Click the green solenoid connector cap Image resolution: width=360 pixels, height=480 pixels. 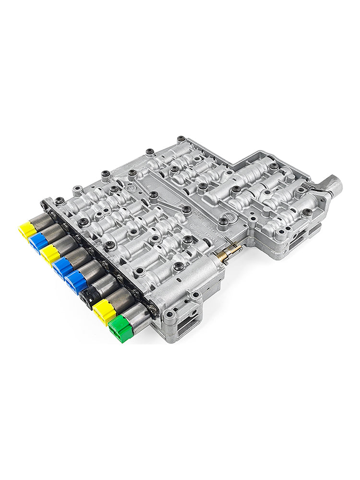coord(120,330)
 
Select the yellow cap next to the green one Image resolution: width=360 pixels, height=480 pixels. coord(104,311)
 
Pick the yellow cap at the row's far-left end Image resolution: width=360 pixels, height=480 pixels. coord(27,229)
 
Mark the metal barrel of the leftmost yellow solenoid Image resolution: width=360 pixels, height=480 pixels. coord(42,222)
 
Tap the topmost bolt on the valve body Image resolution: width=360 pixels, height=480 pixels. coord(181,139)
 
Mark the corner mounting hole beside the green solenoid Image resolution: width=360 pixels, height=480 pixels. coord(169,315)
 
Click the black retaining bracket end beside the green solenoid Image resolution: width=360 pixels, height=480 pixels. coord(153,310)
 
